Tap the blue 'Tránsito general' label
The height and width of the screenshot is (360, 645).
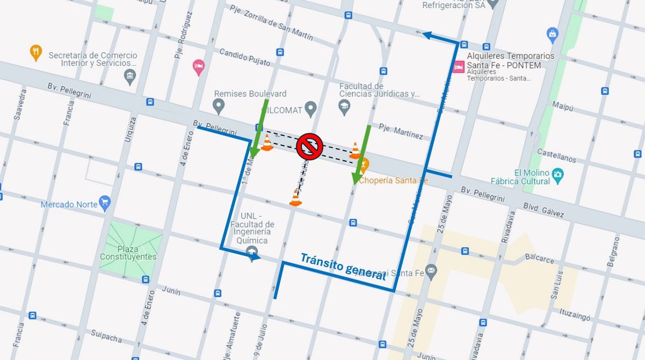point(343,267)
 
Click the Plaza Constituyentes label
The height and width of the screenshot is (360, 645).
point(128,253)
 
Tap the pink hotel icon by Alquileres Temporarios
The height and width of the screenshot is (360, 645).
point(458,67)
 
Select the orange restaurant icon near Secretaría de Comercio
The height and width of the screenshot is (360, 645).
point(36,52)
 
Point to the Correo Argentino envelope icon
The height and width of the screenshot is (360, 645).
point(431,269)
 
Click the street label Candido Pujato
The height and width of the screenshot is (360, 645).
point(245,57)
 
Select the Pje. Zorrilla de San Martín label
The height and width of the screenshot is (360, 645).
point(271,23)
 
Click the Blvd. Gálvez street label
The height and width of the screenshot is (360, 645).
point(543,210)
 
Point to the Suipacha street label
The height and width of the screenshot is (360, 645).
point(106,337)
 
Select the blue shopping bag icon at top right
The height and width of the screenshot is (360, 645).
point(552,35)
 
